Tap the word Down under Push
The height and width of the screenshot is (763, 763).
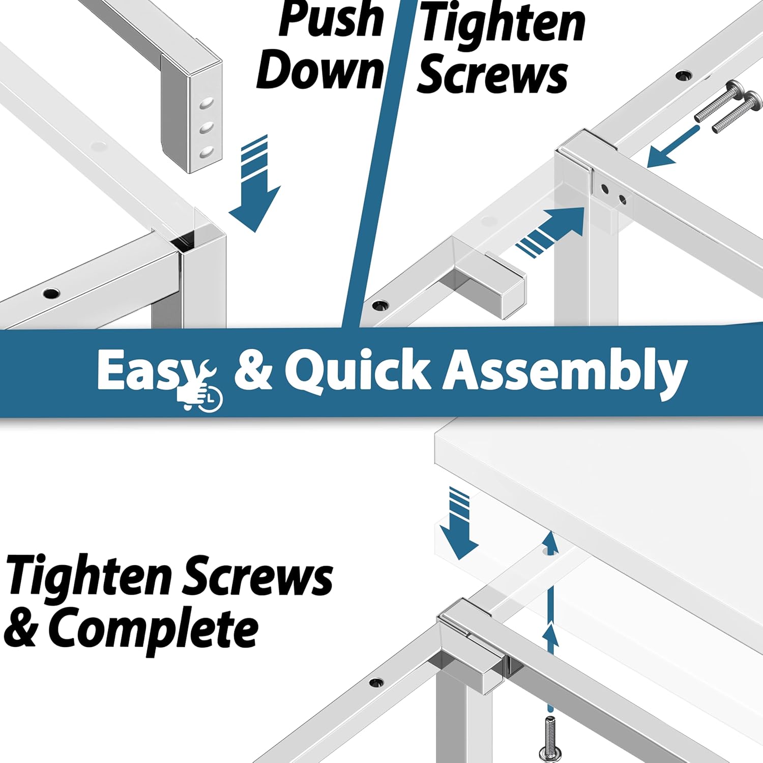pyautogui.click(x=320, y=70)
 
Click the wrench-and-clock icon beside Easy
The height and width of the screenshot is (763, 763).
pyautogui.click(x=201, y=387)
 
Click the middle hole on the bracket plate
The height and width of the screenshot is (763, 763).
pyautogui.click(x=206, y=128)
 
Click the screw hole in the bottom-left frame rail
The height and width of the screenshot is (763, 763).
pyautogui.click(x=51, y=293)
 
